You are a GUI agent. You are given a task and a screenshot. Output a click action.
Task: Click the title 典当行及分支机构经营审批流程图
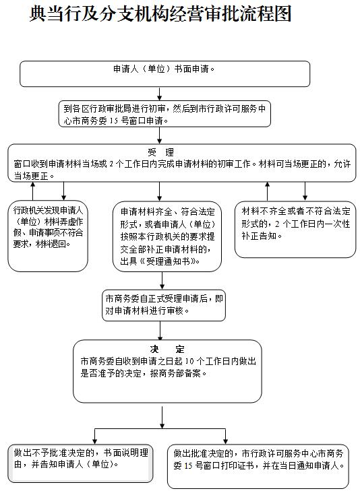(160, 14)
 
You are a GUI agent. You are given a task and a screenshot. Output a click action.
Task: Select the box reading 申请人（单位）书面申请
(165, 74)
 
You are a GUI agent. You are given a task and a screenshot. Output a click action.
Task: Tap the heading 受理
(161, 152)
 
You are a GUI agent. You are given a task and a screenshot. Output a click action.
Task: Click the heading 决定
(167, 350)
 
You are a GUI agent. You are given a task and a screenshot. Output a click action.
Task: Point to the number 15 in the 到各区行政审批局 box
(113, 121)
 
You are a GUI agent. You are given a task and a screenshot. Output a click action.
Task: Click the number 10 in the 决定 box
(189, 361)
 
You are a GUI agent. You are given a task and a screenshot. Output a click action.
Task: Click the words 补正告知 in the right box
(259, 236)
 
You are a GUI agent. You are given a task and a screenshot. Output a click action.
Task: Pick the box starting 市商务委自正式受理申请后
(164, 305)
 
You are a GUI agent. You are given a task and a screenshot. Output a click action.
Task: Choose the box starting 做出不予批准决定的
(80, 463)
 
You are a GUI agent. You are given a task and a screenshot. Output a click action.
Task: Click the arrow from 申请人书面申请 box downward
(160, 94)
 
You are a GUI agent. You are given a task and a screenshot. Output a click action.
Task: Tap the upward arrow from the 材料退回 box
(33, 191)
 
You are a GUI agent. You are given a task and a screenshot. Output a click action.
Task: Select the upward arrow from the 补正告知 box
(268, 191)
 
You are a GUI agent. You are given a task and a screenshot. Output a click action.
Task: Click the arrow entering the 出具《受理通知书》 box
(160, 191)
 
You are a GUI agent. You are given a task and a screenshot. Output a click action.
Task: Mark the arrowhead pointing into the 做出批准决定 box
(225, 441)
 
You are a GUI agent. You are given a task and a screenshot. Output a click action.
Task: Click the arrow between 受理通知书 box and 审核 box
(162, 281)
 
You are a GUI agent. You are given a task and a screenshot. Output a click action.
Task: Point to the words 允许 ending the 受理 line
(342, 164)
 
